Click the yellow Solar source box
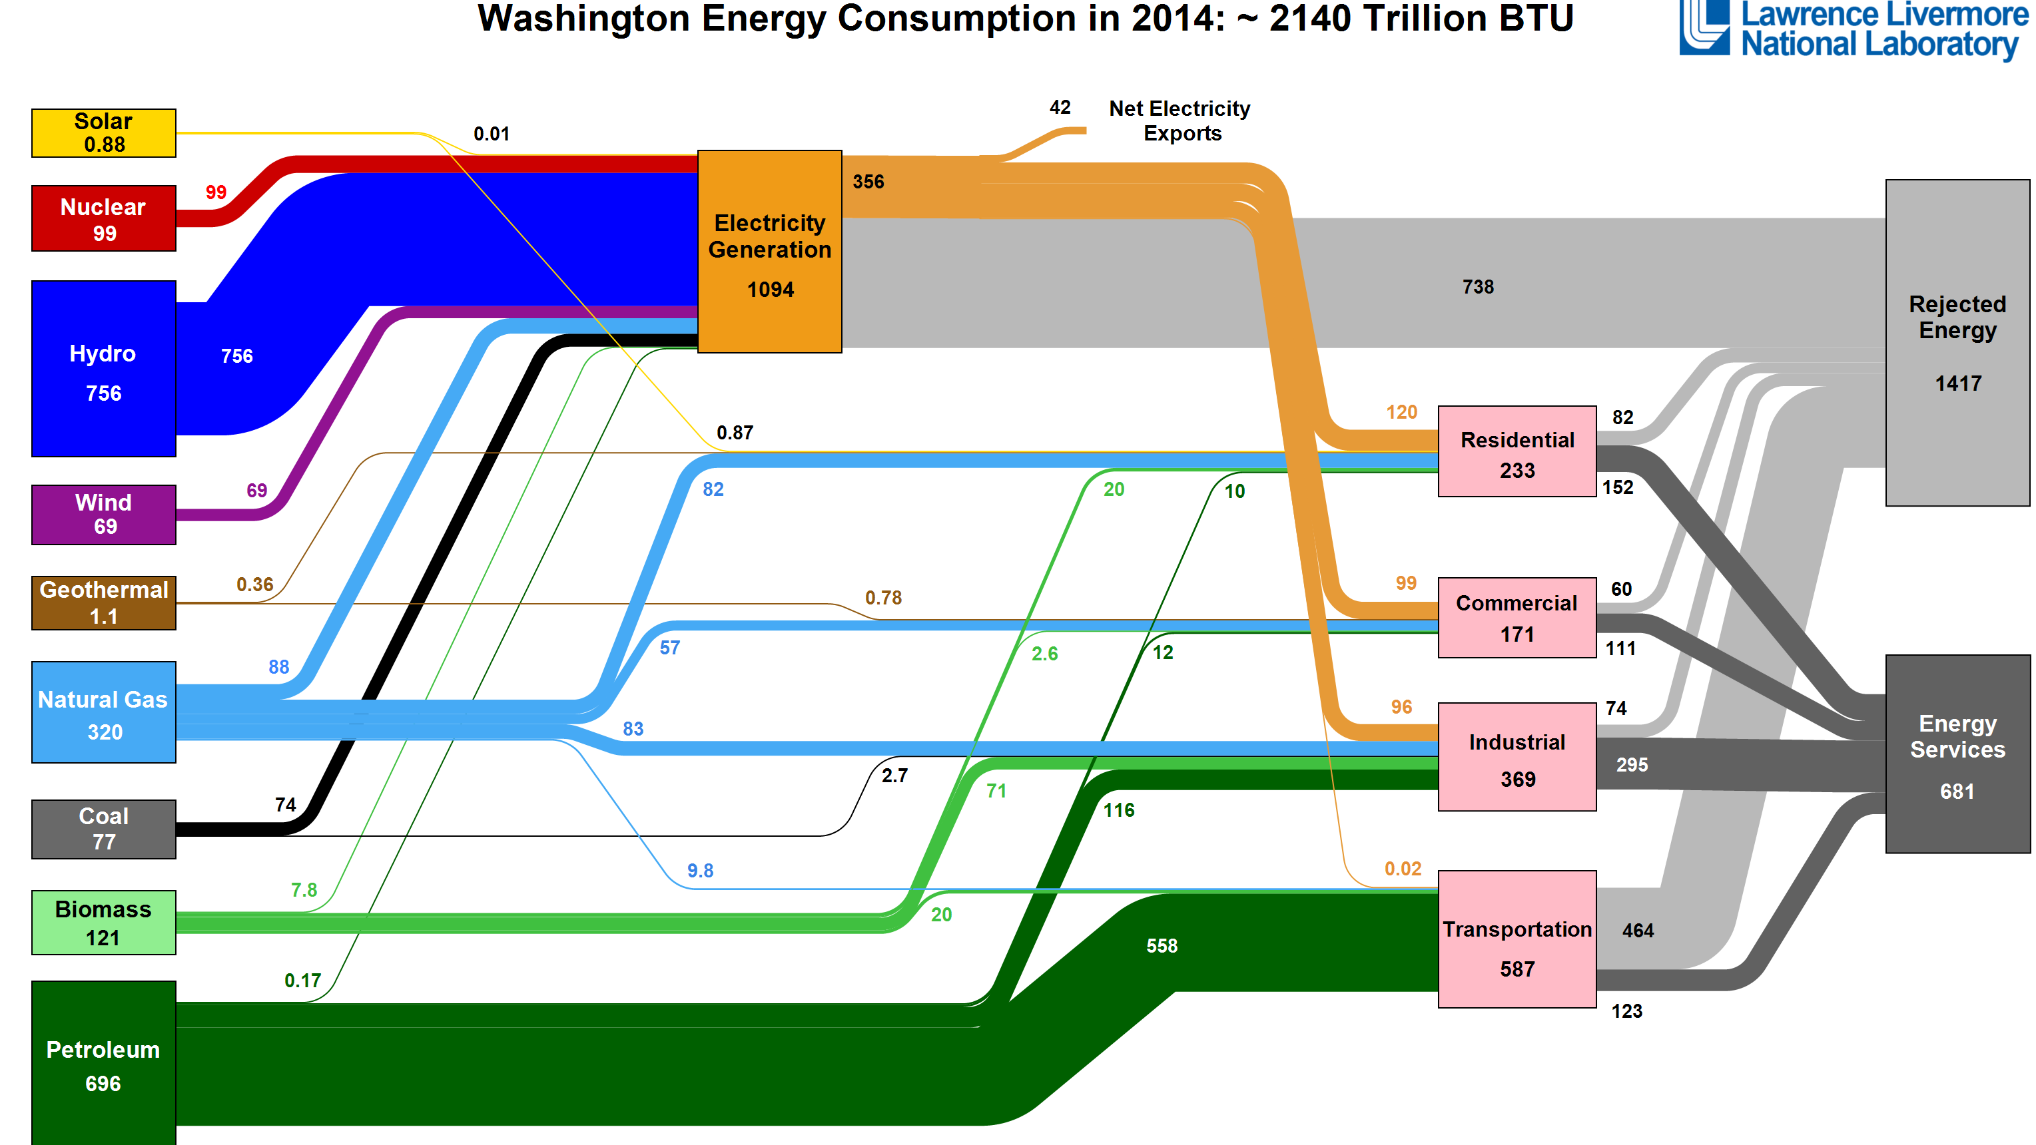[103, 132]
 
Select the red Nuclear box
[103, 219]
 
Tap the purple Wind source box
[103, 515]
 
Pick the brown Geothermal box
[103, 602]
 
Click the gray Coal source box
[103, 829]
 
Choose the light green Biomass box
[103, 923]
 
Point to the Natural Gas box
[103, 713]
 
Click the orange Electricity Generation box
[769, 251]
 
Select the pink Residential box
[1517, 452]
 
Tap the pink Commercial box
[1517, 618]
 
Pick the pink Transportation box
[1517, 939]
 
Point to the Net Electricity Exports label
[1180, 121]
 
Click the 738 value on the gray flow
[1478, 287]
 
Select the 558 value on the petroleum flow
[1161, 946]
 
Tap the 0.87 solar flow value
[734, 433]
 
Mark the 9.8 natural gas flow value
[699, 871]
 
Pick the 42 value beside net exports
[1059, 107]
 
